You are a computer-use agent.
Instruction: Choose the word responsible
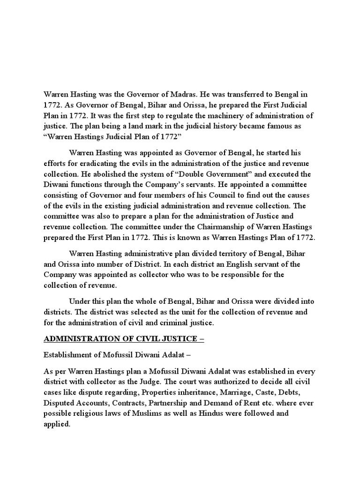click(248, 274)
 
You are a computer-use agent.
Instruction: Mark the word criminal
click(172, 322)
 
